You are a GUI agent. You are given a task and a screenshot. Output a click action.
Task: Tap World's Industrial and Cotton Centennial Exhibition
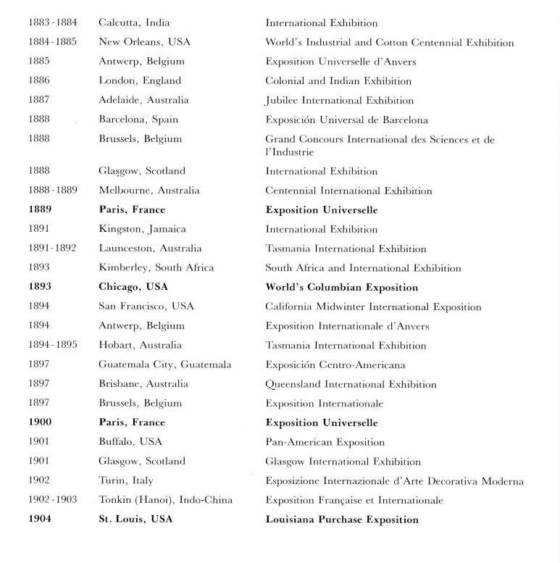[389, 43]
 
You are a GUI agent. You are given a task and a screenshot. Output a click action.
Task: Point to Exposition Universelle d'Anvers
[340, 62]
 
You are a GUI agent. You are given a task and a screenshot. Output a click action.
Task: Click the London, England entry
[140, 80]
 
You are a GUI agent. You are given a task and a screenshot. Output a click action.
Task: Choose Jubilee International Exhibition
[339, 100]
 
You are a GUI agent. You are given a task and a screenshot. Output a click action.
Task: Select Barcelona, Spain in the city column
[138, 120]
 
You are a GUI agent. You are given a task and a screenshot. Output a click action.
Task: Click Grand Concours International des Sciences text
[380, 139]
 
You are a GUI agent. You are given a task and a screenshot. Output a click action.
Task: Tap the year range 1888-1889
[53, 191]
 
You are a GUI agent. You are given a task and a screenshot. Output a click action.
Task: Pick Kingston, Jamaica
[142, 229]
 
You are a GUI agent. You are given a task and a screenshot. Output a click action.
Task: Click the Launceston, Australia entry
[150, 249]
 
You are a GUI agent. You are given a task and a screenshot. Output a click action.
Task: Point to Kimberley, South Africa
[156, 267]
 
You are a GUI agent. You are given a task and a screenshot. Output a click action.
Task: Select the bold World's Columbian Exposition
[341, 287]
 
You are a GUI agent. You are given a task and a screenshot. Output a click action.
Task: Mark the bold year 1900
[41, 422]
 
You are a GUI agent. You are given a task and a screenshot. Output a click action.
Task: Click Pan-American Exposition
[325, 442]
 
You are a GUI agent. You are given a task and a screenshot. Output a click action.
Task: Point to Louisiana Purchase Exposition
[342, 520]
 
